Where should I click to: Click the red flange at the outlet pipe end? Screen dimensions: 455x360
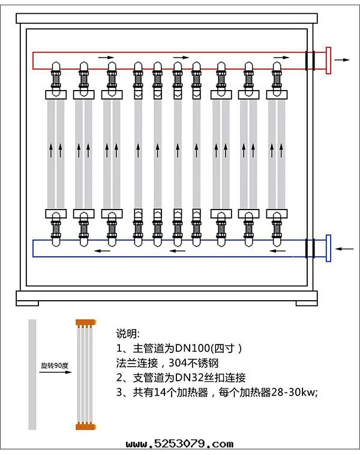[328, 60]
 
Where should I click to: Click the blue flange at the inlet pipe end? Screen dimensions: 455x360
[328, 248]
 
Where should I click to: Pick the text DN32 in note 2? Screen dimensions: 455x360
[184, 378]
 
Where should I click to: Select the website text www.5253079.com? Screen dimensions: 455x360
[179, 444]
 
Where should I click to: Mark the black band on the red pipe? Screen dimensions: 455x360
[310, 60]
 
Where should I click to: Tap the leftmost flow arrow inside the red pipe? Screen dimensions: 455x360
[106, 57]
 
